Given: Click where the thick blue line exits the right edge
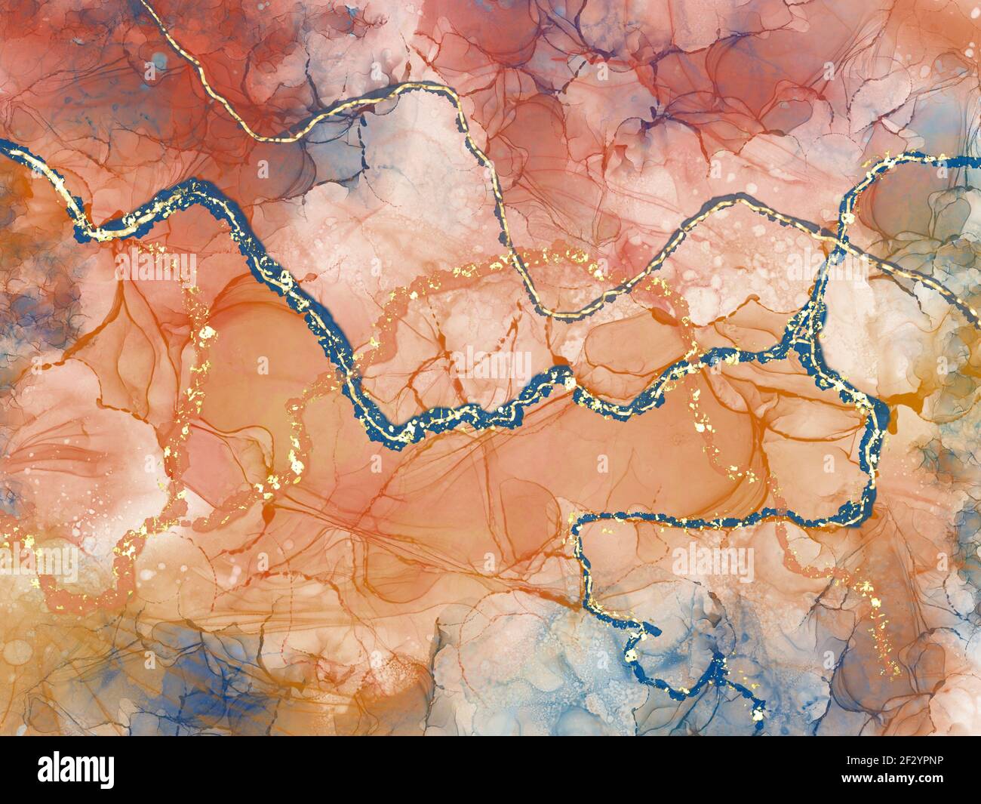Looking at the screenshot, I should pos(978,160).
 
